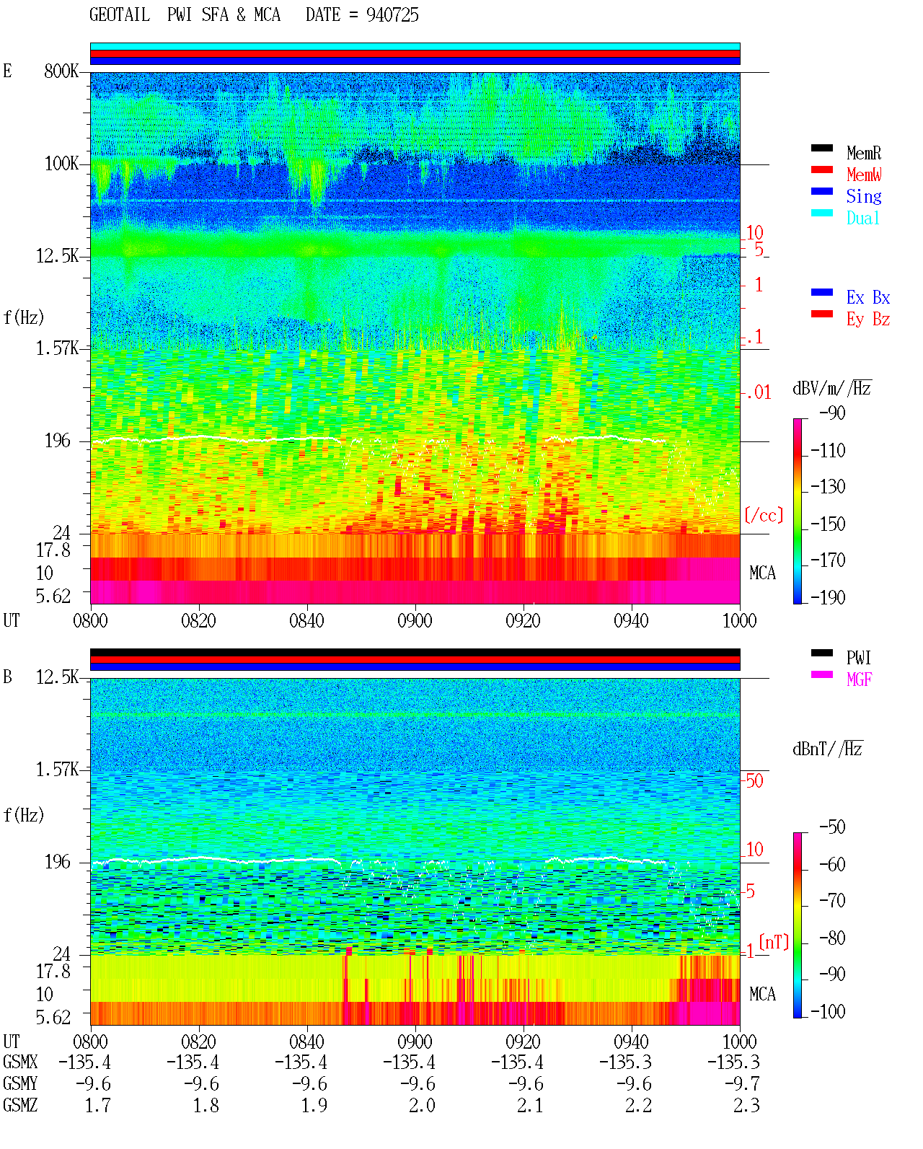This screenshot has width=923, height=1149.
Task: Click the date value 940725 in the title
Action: pyautogui.click(x=392, y=15)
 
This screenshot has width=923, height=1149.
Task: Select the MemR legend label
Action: pyautogui.click(x=864, y=153)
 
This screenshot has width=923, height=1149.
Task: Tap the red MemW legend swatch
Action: pyautogui.click(x=821, y=170)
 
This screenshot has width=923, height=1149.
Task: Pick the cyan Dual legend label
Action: pyautogui.click(x=863, y=218)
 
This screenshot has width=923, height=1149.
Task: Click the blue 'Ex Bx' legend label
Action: pyautogui.click(x=868, y=297)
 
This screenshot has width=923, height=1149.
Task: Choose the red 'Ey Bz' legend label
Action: pyautogui.click(x=868, y=320)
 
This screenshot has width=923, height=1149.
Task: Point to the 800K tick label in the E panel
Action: pyautogui.click(x=61, y=71)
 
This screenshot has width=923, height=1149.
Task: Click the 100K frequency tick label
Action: pyautogui.click(x=61, y=164)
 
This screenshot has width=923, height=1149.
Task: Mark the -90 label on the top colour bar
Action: pyautogui.click(x=832, y=413)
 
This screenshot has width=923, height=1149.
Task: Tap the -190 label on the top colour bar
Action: pyautogui.click(x=828, y=597)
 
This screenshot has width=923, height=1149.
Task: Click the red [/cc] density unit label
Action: pyautogui.click(x=764, y=515)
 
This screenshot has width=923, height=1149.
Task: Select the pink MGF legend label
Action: pyautogui.click(x=859, y=679)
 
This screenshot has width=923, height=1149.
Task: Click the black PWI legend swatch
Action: pyautogui.click(x=821, y=653)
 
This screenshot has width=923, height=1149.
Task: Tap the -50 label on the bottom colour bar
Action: pyautogui.click(x=832, y=827)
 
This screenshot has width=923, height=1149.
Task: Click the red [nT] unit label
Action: pyautogui.click(x=774, y=942)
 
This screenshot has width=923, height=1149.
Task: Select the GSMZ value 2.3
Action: pyautogui.click(x=746, y=1105)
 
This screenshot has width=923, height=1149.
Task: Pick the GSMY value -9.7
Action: pyautogui.click(x=742, y=1083)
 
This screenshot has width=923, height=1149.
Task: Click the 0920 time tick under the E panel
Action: pyautogui.click(x=524, y=620)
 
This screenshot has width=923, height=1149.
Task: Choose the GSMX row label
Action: pyautogui.click(x=20, y=1062)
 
